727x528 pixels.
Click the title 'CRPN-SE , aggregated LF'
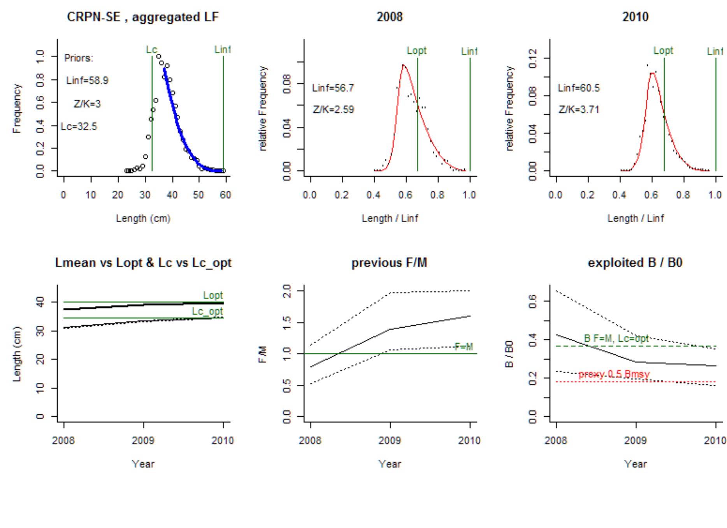coord(143,17)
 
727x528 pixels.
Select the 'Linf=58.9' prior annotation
coord(87,81)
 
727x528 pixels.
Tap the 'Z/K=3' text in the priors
coord(87,104)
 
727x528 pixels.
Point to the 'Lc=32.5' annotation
coord(79,126)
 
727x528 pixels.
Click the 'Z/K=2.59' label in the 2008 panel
coord(333,110)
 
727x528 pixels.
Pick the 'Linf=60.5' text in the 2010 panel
coord(579,88)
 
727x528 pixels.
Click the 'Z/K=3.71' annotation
coord(579,110)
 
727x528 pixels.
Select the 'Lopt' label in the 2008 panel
coord(416,51)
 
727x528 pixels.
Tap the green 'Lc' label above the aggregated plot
coord(151,50)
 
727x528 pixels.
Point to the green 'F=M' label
coord(464,347)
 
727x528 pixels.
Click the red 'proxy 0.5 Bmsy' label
coord(614,374)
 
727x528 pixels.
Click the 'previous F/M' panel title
coord(389,263)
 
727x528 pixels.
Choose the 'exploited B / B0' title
coord(635,263)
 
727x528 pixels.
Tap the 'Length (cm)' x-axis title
coord(143,219)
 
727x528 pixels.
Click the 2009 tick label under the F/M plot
coord(390,441)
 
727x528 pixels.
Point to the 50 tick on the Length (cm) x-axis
coord(198,195)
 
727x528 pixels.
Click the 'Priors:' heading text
coord(79,58)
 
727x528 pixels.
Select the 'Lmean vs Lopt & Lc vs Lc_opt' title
coord(143,263)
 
